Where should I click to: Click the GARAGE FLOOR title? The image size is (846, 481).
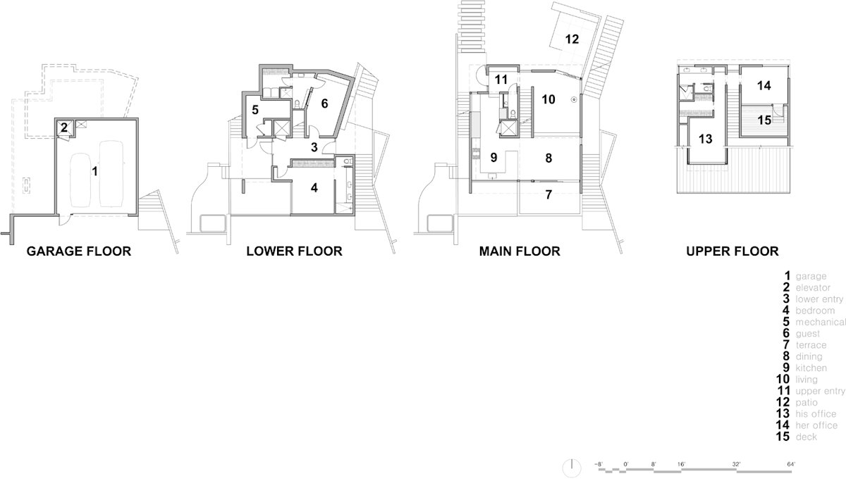[x=78, y=251]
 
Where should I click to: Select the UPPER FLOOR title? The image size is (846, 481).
[x=732, y=251]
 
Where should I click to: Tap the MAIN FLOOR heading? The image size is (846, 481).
[x=520, y=251]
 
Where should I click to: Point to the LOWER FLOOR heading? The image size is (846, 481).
[x=294, y=251]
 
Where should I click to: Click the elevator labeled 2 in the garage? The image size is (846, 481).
[x=64, y=127]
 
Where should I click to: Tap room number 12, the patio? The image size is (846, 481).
[x=572, y=39]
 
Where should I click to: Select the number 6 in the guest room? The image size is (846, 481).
[x=324, y=104]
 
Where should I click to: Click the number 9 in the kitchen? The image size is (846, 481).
[x=493, y=157]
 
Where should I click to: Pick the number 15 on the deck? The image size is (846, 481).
[x=764, y=120]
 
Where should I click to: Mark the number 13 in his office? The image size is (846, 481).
[x=705, y=139]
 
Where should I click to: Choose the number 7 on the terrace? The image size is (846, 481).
[x=548, y=194]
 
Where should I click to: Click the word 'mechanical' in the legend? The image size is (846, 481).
[x=821, y=322]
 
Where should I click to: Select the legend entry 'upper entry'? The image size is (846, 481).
[x=820, y=392]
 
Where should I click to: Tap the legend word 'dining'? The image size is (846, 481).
[x=809, y=356]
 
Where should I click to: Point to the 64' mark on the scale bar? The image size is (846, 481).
[x=791, y=464]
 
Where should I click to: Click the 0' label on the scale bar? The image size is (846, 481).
[x=626, y=464]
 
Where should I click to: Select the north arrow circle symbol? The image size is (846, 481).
[x=572, y=468]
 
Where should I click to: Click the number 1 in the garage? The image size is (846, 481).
[x=94, y=171]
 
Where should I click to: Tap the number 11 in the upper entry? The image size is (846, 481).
[x=501, y=80]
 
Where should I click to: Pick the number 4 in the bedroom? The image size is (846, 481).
[x=314, y=187]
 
